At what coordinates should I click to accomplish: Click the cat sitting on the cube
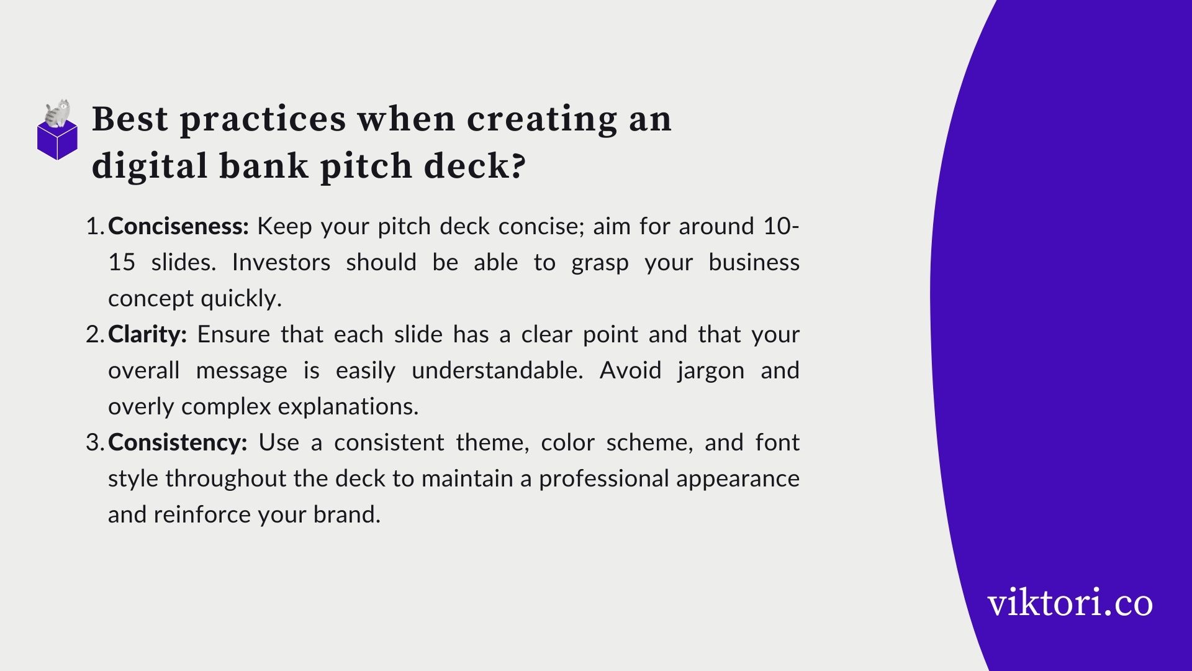click(x=58, y=114)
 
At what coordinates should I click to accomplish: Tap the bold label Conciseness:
click(x=178, y=226)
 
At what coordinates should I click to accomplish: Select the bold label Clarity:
click(x=147, y=335)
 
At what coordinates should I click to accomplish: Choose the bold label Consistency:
click(x=178, y=443)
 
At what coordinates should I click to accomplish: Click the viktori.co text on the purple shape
click(x=1070, y=603)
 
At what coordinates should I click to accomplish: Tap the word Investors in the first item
click(x=281, y=262)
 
